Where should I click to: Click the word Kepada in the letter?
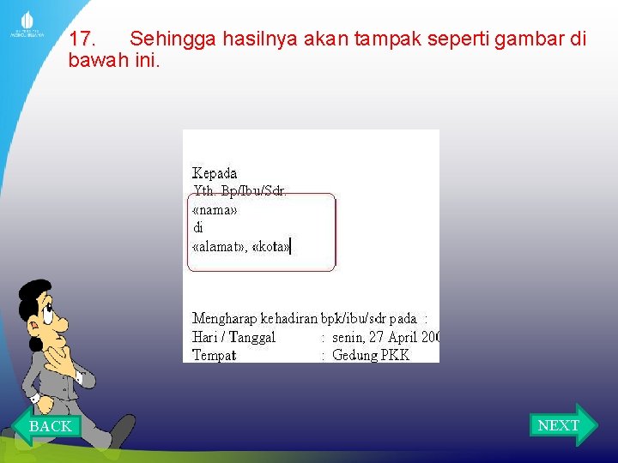click(x=215, y=173)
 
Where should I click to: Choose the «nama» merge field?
click(x=215, y=209)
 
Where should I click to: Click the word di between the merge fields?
click(x=198, y=228)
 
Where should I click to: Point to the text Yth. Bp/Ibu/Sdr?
click(x=240, y=191)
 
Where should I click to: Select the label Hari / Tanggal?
click(x=233, y=337)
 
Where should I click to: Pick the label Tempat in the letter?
click(x=215, y=355)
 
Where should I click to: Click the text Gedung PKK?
click(x=371, y=355)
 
